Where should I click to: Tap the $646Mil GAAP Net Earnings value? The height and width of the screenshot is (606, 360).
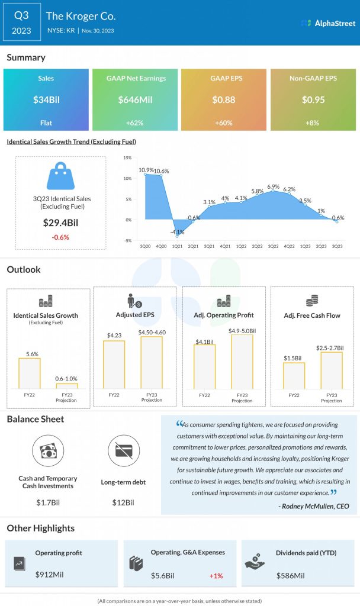(x=136, y=99)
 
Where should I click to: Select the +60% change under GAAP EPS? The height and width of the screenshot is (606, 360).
(x=224, y=123)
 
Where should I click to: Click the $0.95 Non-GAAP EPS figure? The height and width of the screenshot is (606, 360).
(x=313, y=99)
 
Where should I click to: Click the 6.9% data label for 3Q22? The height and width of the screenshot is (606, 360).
(x=273, y=186)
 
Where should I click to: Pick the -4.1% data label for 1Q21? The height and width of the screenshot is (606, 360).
(x=176, y=232)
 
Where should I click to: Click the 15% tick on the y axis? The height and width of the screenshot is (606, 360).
(x=127, y=158)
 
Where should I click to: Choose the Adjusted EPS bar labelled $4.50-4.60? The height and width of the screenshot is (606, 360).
(x=152, y=362)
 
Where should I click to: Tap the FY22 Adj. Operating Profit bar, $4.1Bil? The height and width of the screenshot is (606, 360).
(x=204, y=366)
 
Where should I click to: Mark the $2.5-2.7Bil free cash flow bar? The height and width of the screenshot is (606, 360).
(x=332, y=370)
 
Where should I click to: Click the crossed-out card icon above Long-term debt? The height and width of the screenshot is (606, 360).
(x=124, y=451)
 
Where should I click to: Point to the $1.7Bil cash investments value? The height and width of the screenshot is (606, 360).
(x=47, y=502)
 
